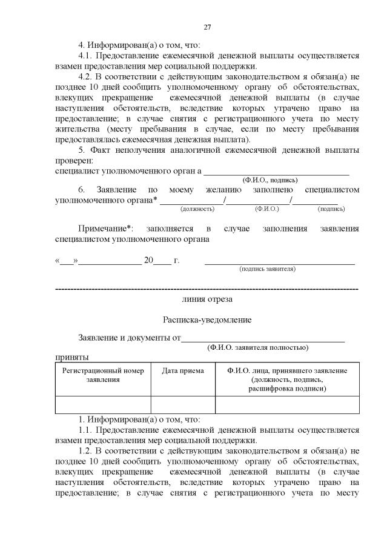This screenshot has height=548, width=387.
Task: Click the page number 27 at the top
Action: tap(207, 27)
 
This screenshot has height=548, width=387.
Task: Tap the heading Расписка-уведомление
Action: tap(207, 319)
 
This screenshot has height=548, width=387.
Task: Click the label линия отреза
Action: tap(207, 299)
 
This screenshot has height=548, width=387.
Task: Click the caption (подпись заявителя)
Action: tap(267, 269)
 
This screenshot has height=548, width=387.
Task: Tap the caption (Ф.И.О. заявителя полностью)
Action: tap(257, 347)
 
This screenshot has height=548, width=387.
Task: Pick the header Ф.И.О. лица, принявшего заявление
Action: tap(286, 371)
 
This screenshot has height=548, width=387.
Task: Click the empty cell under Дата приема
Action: tap(183, 404)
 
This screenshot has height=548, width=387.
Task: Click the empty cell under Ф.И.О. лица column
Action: tap(286, 404)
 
